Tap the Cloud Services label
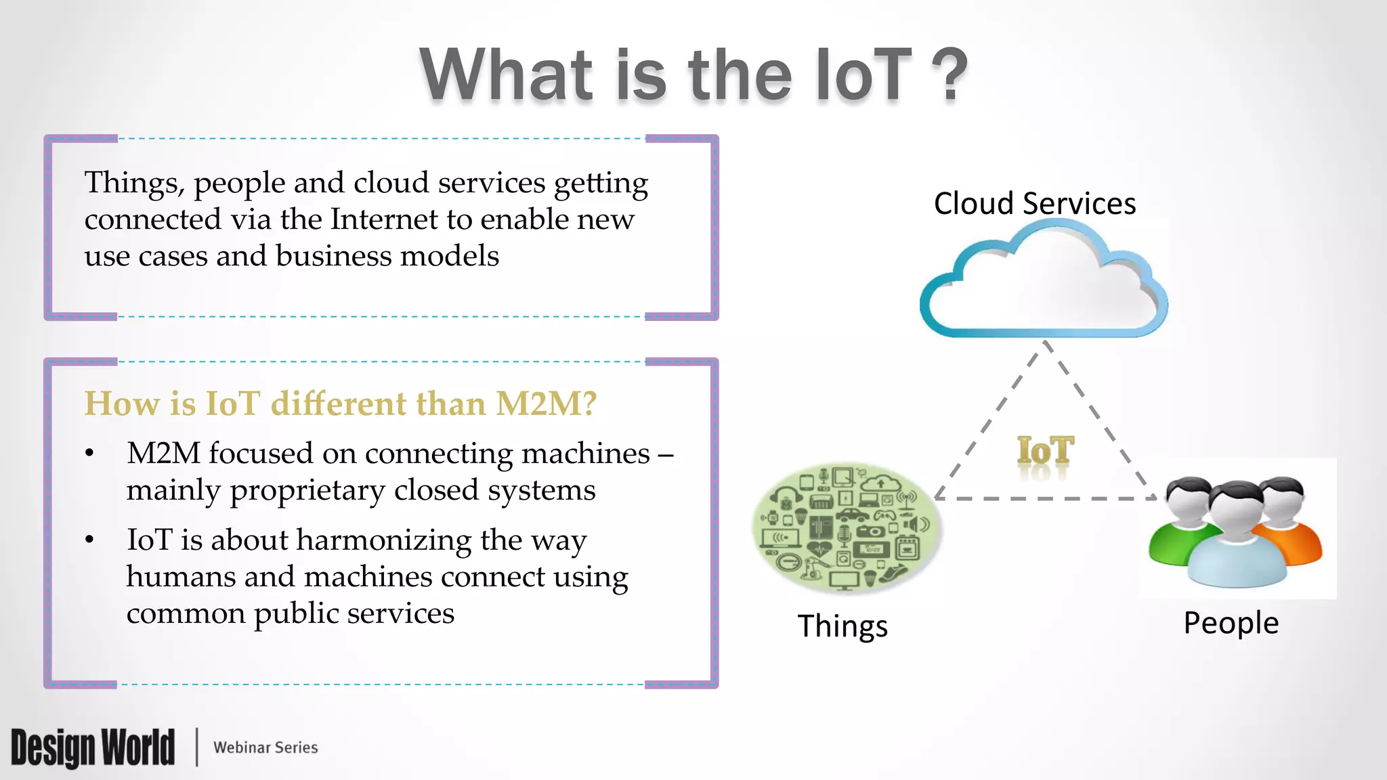pos(1034,203)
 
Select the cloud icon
pos(1043,284)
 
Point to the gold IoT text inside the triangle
pos(1045,451)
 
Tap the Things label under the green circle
pos(842,626)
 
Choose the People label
pos(1231,623)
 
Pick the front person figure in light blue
pos(1237,542)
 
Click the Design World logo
pos(93,747)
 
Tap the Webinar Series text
pos(265,747)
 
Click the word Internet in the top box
pos(384,219)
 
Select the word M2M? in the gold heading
pos(546,404)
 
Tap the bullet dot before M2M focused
pos(89,454)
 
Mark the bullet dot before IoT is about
pos(89,540)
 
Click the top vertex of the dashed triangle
pos(1047,343)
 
